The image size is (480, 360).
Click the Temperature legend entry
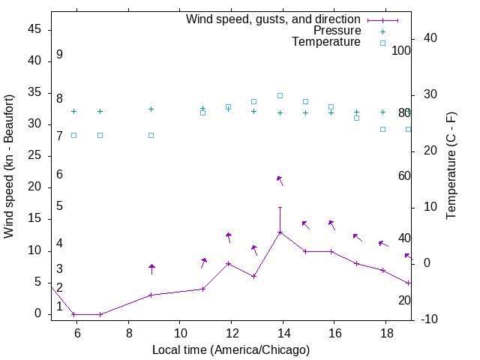pos(326,42)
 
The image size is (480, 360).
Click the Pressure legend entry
pos(337,31)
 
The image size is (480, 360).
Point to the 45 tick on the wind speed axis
pos(34,29)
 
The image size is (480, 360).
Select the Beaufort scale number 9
pos(59,55)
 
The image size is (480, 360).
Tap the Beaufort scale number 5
pos(59,206)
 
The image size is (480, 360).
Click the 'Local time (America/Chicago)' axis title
pos(231,349)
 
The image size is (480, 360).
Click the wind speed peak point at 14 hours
pos(280,232)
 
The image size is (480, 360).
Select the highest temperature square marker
pos(280,95)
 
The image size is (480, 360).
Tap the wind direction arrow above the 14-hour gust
pos(280,180)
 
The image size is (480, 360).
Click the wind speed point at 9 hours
pos(151,295)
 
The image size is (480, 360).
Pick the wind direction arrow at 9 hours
pos(151,268)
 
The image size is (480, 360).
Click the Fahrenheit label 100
pos(402,50)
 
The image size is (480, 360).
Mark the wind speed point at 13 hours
pos(254,276)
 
